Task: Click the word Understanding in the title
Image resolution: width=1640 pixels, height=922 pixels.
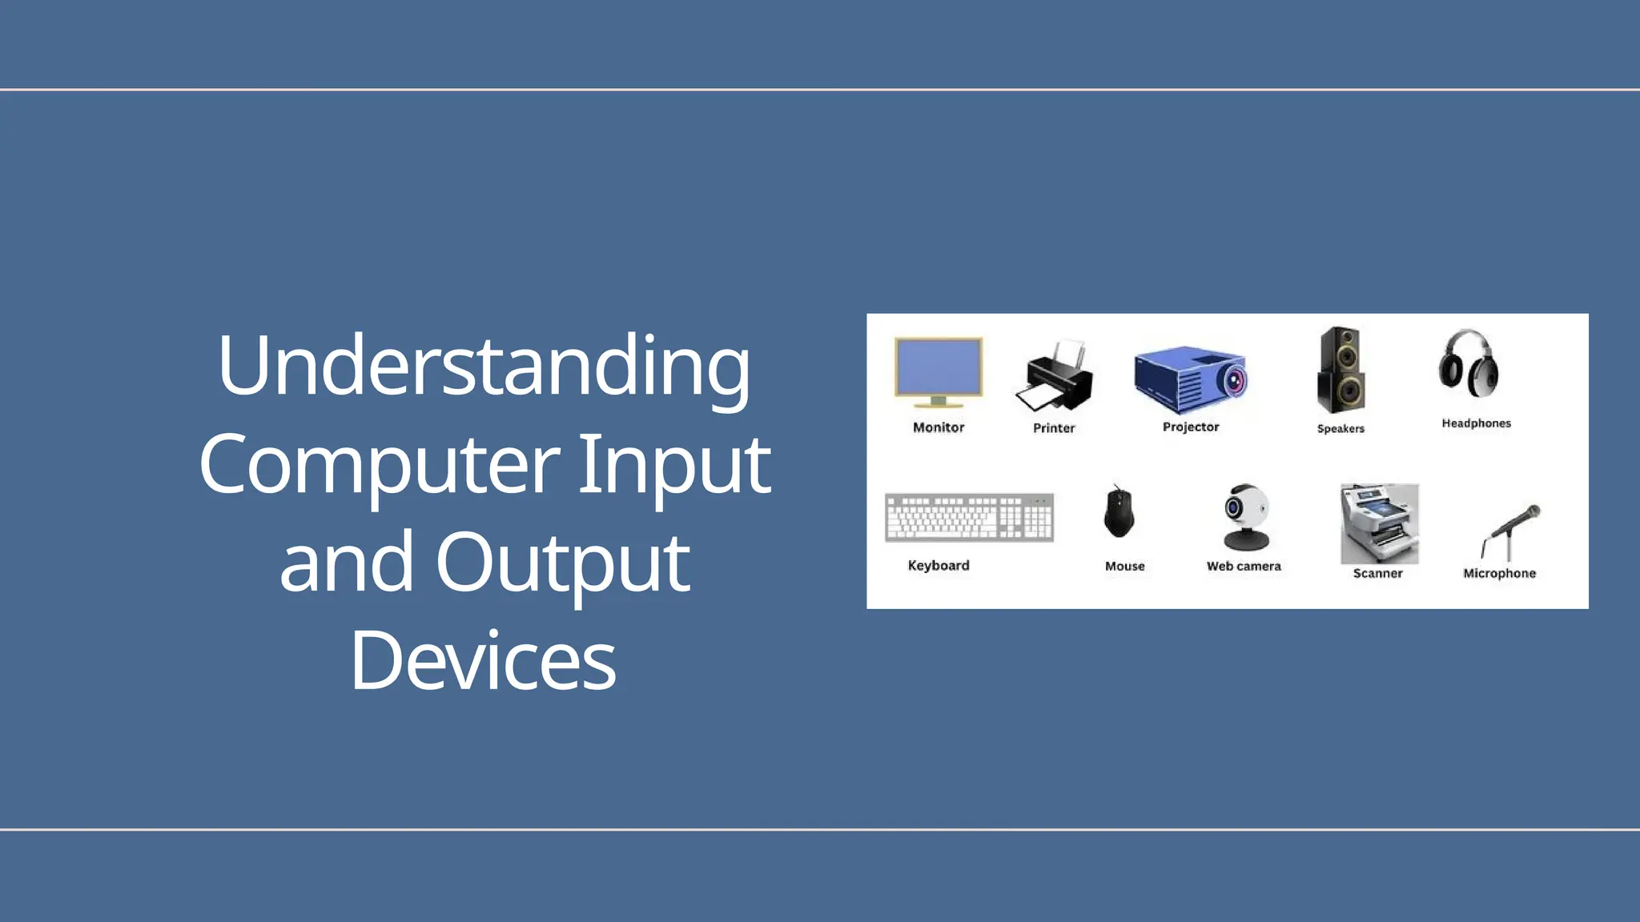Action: point(484,367)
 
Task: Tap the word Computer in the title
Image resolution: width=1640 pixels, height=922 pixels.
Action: point(379,464)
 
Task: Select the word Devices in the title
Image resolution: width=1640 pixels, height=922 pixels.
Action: point(483,661)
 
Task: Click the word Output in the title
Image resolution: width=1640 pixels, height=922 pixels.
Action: point(562,563)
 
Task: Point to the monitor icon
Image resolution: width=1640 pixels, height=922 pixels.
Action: point(938,371)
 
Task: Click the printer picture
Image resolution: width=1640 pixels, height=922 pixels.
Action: point(1055,376)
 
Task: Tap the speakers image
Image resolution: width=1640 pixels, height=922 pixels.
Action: point(1341,370)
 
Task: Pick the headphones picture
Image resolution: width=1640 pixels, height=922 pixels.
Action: point(1469,365)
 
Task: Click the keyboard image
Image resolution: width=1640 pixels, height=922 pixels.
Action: point(969,518)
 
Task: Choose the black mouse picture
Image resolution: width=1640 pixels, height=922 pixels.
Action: point(1118,512)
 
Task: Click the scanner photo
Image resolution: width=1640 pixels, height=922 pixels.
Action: point(1379,523)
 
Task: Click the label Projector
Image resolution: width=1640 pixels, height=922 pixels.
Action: point(1191,427)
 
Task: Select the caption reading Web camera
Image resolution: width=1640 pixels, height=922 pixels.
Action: point(1244,567)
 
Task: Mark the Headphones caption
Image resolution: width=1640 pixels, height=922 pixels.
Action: point(1476,423)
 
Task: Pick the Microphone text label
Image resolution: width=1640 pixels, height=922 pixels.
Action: point(1499,574)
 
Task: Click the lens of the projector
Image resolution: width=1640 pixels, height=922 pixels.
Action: point(1234,380)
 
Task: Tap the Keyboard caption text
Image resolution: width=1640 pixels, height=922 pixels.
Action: point(939,566)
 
